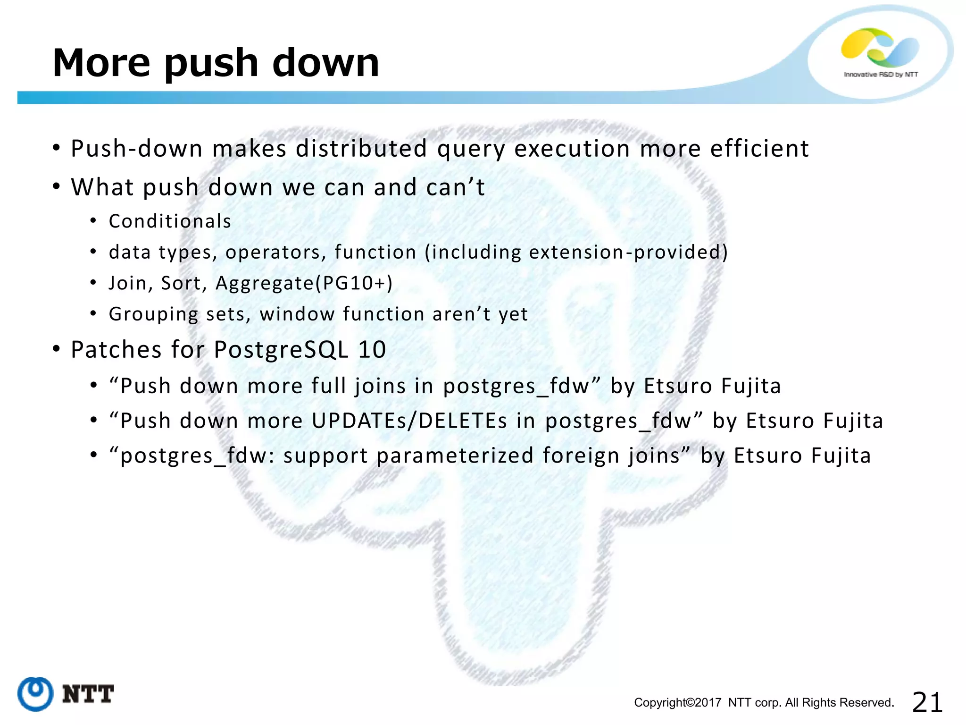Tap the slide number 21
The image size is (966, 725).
(x=927, y=702)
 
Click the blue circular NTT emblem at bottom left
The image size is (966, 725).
(x=35, y=693)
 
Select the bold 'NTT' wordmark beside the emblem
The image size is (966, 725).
(x=88, y=694)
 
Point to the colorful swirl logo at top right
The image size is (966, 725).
(x=880, y=47)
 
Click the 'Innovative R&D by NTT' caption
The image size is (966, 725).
(x=881, y=75)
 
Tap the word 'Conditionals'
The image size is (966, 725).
(x=170, y=221)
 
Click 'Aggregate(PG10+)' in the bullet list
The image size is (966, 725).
(x=304, y=283)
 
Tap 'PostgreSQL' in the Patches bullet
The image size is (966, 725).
(x=281, y=350)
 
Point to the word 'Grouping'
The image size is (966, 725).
(x=153, y=314)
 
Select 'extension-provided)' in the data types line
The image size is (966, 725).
(x=628, y=252)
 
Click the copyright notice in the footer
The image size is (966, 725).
(x=764, y=703)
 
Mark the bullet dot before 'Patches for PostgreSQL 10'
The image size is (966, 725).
(x=57, y=350)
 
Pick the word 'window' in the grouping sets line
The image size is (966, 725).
(x=297, y=314)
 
